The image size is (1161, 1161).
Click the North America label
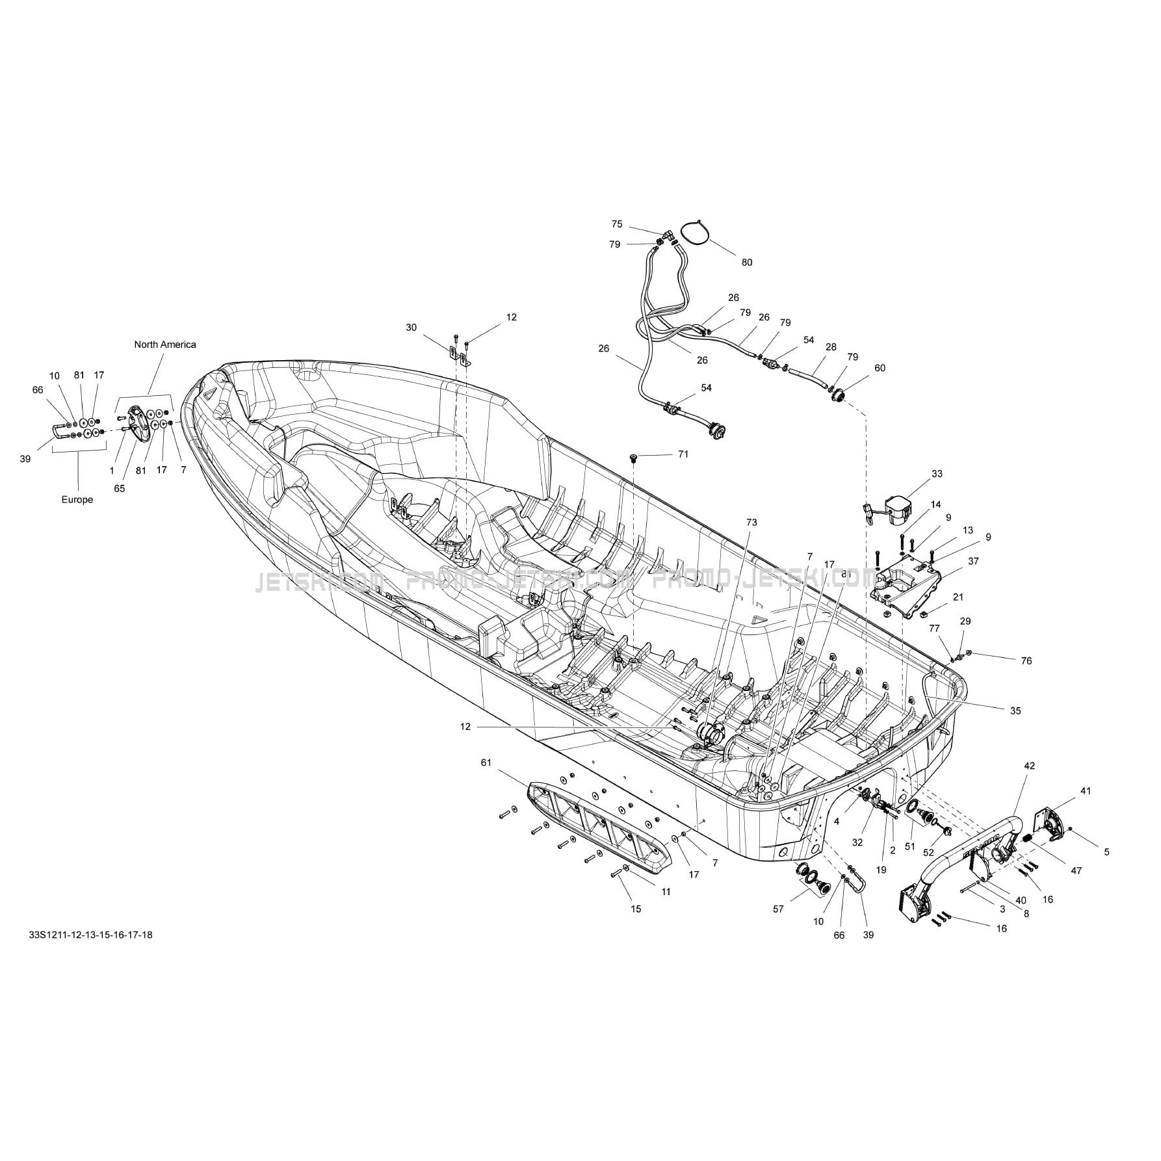[164, 345]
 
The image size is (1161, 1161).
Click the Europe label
[77, 499]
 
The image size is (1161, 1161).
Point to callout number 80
[747, 262]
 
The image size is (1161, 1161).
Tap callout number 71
[683, 454]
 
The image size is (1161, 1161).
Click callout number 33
[937, 474]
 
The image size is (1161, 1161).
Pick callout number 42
[1029, 766]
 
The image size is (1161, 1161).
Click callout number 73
[751, 522]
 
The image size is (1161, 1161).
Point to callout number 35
[1015, 711]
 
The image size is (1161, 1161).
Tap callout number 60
[880, 368]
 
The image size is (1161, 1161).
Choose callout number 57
[777, 909]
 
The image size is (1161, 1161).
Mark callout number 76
[1026, 660]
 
